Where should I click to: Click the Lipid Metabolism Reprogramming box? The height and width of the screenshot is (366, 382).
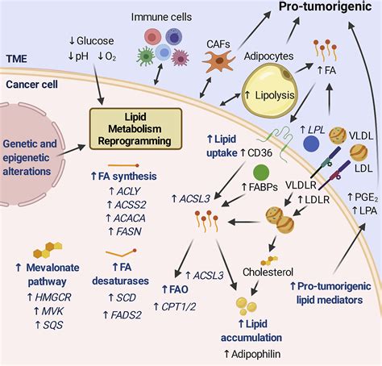[x=135, y=129]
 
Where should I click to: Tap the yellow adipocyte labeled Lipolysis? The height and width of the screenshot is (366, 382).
[x=269, y=93]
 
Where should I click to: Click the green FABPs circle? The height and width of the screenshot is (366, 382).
[x=261, y=173]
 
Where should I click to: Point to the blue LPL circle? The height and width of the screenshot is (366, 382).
[x=311, y=143]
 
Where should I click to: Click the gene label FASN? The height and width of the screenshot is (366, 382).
[x=129, y=231]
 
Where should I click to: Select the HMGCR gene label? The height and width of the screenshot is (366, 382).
[x=53, y=297]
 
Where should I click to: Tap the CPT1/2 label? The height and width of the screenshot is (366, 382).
[x=179, y=306]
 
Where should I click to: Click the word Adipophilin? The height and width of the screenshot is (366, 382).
[x=255, y=354]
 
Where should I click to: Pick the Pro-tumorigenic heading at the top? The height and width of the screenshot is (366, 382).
[x=326, y=6]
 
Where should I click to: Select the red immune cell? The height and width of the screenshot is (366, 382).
[x=152, y=37]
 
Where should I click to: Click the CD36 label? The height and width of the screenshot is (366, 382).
[x=260, y=153]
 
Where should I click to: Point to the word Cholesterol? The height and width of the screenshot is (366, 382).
[x=268, y=272]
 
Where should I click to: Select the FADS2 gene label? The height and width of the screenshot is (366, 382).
[x=126, y=315]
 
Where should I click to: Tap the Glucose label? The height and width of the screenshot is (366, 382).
[x=95, y=41]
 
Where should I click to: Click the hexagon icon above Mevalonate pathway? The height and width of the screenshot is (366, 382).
[x=48, y=250]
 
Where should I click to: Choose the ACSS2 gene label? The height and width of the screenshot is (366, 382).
[x=131, y=205]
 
